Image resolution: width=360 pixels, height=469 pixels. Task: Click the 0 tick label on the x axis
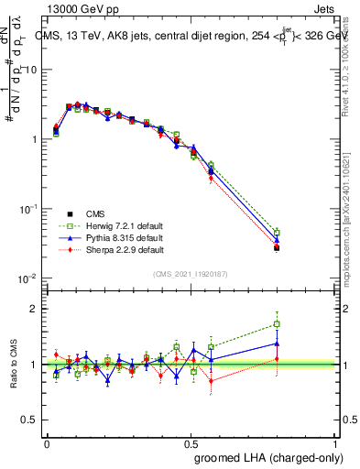pyautogui.click(x=47, y=442)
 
